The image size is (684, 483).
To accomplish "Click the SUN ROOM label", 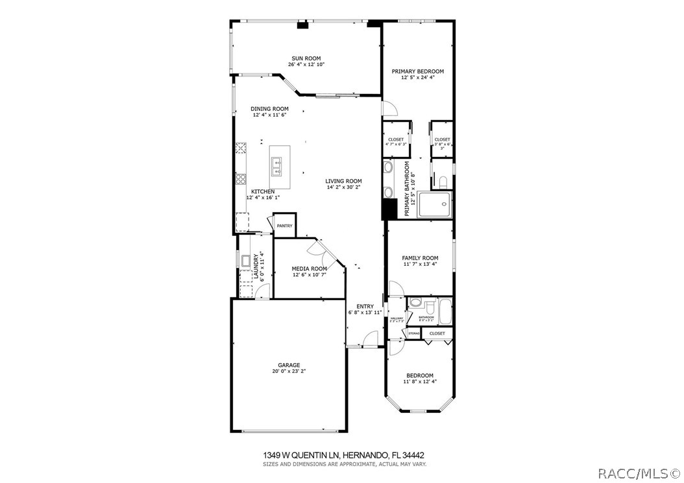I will [306, 58].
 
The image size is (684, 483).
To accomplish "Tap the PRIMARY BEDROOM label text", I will [417, 71].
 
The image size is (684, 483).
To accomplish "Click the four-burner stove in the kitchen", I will [241, 178].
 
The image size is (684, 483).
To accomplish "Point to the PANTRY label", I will [284, 226].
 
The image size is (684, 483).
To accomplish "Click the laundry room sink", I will [247, 261].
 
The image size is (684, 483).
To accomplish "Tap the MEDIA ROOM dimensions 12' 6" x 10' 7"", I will [309, 275].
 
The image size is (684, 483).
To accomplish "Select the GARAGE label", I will [289, 365].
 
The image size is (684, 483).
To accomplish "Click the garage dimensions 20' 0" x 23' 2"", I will [289, 371].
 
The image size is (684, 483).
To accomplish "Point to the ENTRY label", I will [365, 306].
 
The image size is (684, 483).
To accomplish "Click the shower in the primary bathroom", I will [434, 205].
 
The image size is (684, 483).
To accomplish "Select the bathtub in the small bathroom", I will [445, 312].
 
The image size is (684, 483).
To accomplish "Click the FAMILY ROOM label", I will [420, 257].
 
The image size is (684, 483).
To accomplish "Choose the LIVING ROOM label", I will [343, 181].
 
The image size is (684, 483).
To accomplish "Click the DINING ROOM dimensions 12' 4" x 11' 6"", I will [269, 115].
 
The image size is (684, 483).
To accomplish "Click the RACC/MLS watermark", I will [639, 473].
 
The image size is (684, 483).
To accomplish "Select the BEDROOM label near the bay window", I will [420, 375].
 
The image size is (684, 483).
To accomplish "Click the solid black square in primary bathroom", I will [389, 209].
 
